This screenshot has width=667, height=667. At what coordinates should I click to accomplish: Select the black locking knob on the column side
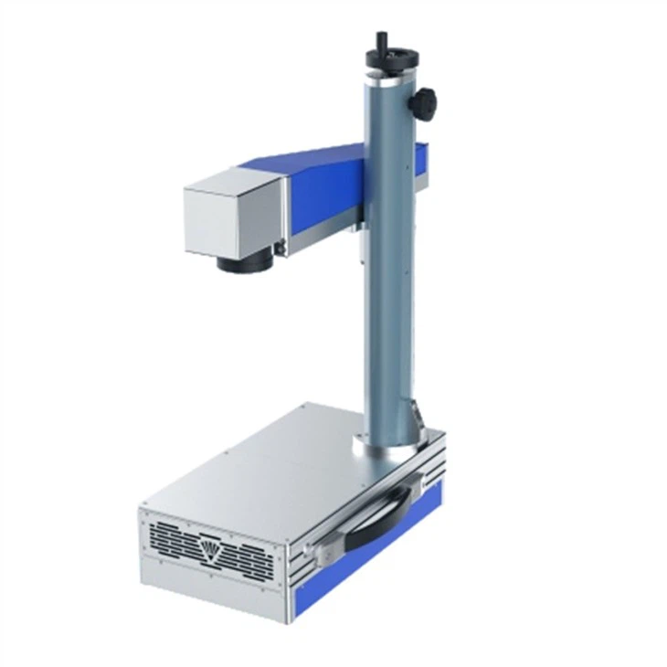coord(423,102)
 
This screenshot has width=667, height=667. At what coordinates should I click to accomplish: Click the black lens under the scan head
coord(242,263)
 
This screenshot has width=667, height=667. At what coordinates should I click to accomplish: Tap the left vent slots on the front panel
coord(174,538)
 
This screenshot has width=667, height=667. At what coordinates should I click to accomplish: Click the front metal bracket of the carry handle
coord(320,551)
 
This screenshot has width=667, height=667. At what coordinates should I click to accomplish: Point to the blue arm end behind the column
coord(421,164)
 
